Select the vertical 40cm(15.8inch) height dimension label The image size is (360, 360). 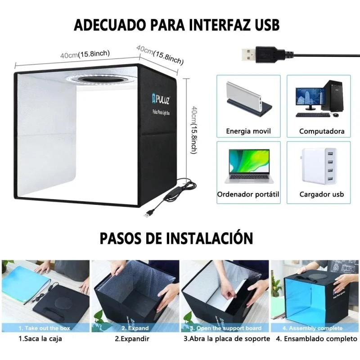[x=194, y=130]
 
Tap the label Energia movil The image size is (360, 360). [x=248, y=131]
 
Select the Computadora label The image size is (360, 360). [x=322, y=131]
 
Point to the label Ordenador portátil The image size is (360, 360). [x=248, y=194]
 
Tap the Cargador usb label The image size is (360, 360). [x=322, y=194]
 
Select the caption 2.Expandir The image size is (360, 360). [x=132, y=338]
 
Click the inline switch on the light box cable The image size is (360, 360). [x=171, y=193]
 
